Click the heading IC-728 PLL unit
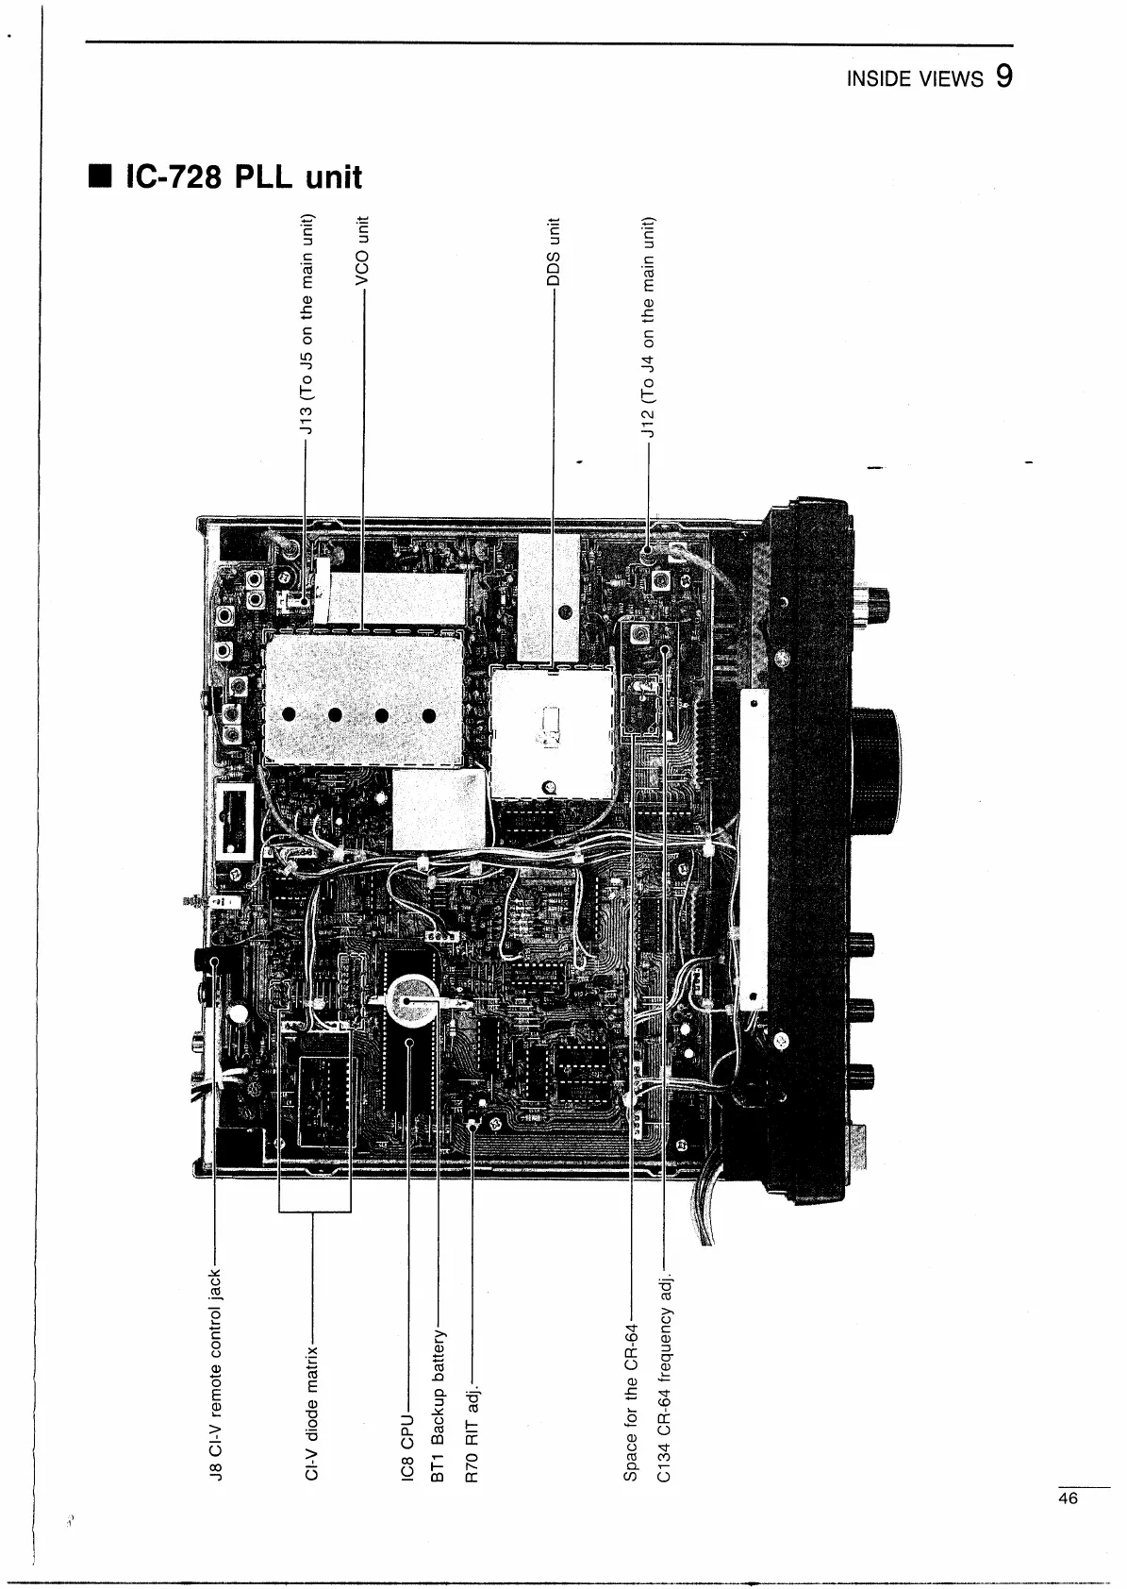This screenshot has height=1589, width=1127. [x=243, y=176]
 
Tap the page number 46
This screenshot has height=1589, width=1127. [x=1068, y=1497]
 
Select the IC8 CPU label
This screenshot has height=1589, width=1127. [x=407, y=1447]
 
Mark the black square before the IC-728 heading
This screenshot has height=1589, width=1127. [x=97, y=176]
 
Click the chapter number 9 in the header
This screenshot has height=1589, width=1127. [x=1003, y=75]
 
